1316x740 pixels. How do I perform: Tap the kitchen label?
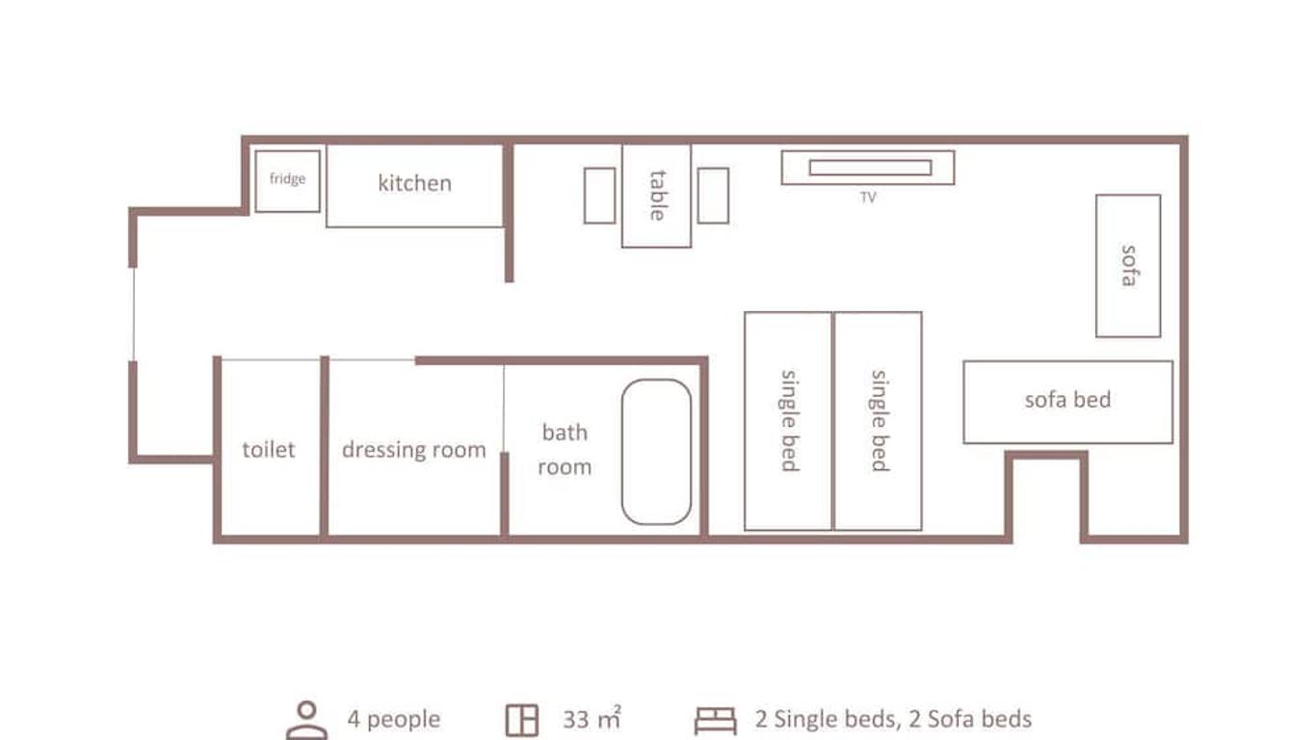pos(415,183)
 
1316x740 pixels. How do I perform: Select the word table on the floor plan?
pos(657,196)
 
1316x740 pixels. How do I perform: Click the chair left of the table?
pos(600,196)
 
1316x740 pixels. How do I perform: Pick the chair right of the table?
pos(713,196)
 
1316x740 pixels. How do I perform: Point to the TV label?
pos(868,198)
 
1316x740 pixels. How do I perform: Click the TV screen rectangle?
pos(870,168)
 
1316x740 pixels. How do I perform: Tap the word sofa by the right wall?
pos(1128,266)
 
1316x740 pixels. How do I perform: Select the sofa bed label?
pos(1068,400)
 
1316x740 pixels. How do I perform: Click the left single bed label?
pos(789,421)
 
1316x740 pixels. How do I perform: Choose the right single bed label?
pos(879,421)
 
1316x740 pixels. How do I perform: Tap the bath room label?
pos(565,450)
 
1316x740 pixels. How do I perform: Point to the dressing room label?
pos(414,450)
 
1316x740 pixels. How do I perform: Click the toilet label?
pos(269,450)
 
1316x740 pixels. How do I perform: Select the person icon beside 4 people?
pos(306,720)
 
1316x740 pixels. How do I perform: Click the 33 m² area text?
pos(592,718)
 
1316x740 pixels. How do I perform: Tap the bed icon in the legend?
pos(716,721)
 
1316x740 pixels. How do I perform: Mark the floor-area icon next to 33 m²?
pos(522,720)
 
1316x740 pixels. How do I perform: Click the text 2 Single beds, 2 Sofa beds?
pos(893,720)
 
